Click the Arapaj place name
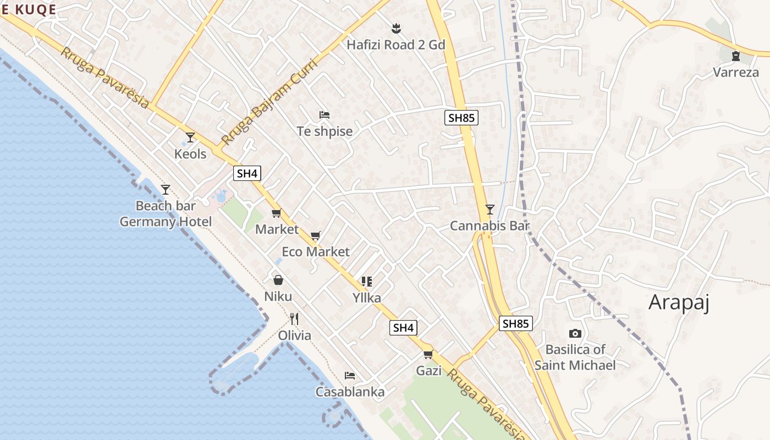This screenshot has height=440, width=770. (x=679, y=302)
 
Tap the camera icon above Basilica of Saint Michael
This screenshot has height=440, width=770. (x=575, y=333)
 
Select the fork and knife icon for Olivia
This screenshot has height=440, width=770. (x=294, y=319)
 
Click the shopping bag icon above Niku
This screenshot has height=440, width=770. (x=278, y=280)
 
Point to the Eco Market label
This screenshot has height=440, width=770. (x=316, y=252)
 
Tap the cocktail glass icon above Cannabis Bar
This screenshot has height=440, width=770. (x=490, y=209)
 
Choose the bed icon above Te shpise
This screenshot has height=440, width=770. (x=324, y=115)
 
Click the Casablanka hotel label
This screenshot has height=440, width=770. (x=350, y=392)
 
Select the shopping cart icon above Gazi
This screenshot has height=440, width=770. (x=428, y=354)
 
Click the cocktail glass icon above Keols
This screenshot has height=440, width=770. (x=190, y=137)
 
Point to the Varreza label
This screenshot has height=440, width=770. (x=736, y=72)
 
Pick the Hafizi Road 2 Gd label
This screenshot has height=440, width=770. (x=395, y=45)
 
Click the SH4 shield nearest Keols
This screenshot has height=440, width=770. (x=247, y=174)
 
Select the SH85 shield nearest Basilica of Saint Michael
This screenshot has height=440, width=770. (x=515, y=323)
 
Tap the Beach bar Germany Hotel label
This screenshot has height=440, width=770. (x=166, y=214)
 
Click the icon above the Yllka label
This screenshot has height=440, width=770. (x=367, y=282)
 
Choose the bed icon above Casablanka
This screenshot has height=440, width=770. (x=350, y=376)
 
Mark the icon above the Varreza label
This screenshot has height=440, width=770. (x=736, y=56)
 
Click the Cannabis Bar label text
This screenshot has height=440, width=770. (x=490, y=226)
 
